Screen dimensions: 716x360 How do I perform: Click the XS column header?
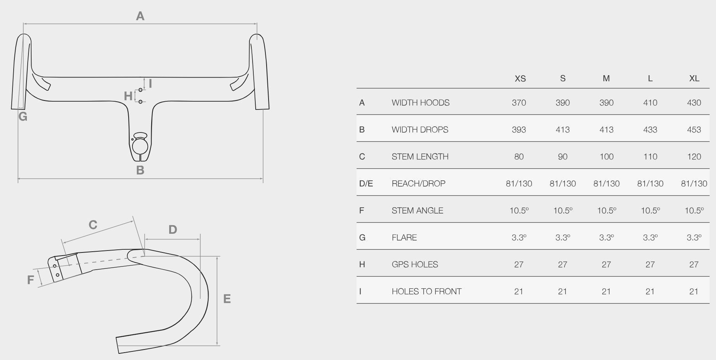(x=520, y=79)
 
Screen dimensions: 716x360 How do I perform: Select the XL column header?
(x=694, y=79)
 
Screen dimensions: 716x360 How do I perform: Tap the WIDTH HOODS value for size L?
(x=650, y=103)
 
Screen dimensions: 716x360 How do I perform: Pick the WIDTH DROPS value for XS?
(x=519, y=130)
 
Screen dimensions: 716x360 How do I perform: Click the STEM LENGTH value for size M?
(x=606, y=157)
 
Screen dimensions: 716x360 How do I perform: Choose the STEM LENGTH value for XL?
(x=694, y=157)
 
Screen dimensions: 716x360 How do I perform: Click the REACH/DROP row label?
(x=418, y=184)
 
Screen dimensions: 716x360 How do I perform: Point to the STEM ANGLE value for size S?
(x=563, y=210)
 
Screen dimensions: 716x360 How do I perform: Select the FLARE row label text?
(x=404, y=238)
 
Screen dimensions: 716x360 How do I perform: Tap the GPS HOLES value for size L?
(x=650, y=265)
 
